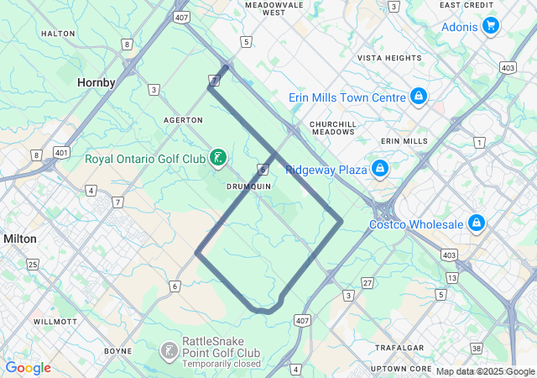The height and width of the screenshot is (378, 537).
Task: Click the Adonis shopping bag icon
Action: pyautogui.click(x=491, y=26)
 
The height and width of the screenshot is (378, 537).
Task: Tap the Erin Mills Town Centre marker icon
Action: pyautogui.click(x=417, y=97)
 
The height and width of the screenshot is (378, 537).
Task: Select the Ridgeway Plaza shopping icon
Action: pyautogui.click(x=380, y=169)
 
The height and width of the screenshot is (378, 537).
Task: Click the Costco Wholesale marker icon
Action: pyautogui.click(x=476, y=223)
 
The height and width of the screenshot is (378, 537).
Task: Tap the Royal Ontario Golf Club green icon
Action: pyautogui.click(x=218, y=157)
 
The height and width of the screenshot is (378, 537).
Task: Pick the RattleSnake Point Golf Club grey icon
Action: pyautogui.click(x=169, y=350)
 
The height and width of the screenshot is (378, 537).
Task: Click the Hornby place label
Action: pyautogui.click(x=96, y=82)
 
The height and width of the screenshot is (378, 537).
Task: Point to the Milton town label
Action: pyautogui.click(x=20, y=239)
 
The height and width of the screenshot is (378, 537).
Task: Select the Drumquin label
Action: pyautogui.click(x=249, y=186)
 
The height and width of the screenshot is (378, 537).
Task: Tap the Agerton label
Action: pyautogui.click(x=184, y=120)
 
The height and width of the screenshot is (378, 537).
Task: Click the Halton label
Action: pyautogui.click(x=58, y=34)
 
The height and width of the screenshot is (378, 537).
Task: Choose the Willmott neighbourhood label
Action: pyautogui.click(x=55, y=322)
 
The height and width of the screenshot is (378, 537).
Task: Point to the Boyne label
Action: pyautogui.click(x=117, y=350)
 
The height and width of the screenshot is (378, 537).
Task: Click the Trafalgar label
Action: pyautogui.click(x=399, y=347)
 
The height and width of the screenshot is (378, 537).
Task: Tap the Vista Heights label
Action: pyautogui.click(x=389, y=58)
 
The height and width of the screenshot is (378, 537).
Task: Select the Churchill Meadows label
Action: pyautogui.click(x=333, y=129)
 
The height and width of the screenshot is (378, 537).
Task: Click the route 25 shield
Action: pyautogui.click(x=33, y=265)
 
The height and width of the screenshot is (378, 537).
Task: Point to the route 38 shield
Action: pyautogui.click(x=477, y=348)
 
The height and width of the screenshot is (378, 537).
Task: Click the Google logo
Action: pyautogui.click(x=28, y=367)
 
